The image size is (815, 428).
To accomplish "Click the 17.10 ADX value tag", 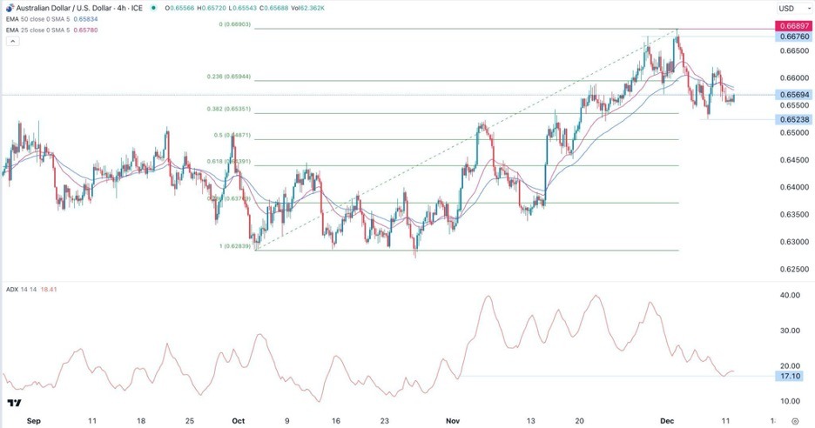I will (x=791, y=376).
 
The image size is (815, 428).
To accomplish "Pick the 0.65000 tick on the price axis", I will (x=791, y=132).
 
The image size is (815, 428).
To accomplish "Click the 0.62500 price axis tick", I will (x=791, y=269).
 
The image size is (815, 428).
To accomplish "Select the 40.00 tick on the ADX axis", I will (x=791, y=296).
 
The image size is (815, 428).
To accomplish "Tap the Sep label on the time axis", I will (x=33, y=419).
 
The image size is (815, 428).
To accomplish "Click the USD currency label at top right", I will (x=786, y=8).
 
